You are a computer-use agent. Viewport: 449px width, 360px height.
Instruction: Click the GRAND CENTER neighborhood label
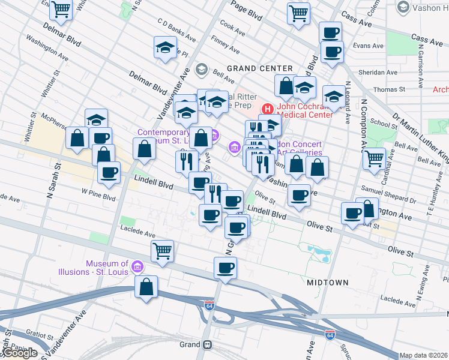(259, 68)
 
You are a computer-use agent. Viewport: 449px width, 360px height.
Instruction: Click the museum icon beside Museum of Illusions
(137, 266)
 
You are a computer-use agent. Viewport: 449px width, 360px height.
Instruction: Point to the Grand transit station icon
(208, 345)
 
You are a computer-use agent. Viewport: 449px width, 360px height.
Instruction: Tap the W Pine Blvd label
(98, 196)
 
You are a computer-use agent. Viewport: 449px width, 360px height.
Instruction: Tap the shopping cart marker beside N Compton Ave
(374, 159)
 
